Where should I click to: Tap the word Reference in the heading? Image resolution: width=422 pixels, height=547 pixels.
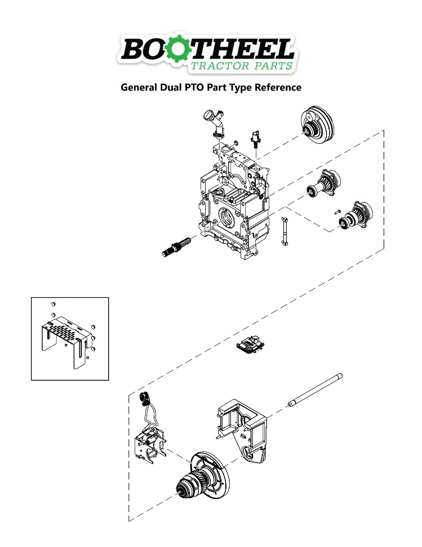click(278, 88)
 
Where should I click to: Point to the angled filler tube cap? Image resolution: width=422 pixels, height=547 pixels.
click(215, 122)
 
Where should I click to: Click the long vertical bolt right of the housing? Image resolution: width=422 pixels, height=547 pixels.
click(285, 231)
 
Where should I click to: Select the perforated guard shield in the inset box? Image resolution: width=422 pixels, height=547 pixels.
click(66, 338)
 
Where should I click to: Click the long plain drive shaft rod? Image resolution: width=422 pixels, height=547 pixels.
click(316, 389)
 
